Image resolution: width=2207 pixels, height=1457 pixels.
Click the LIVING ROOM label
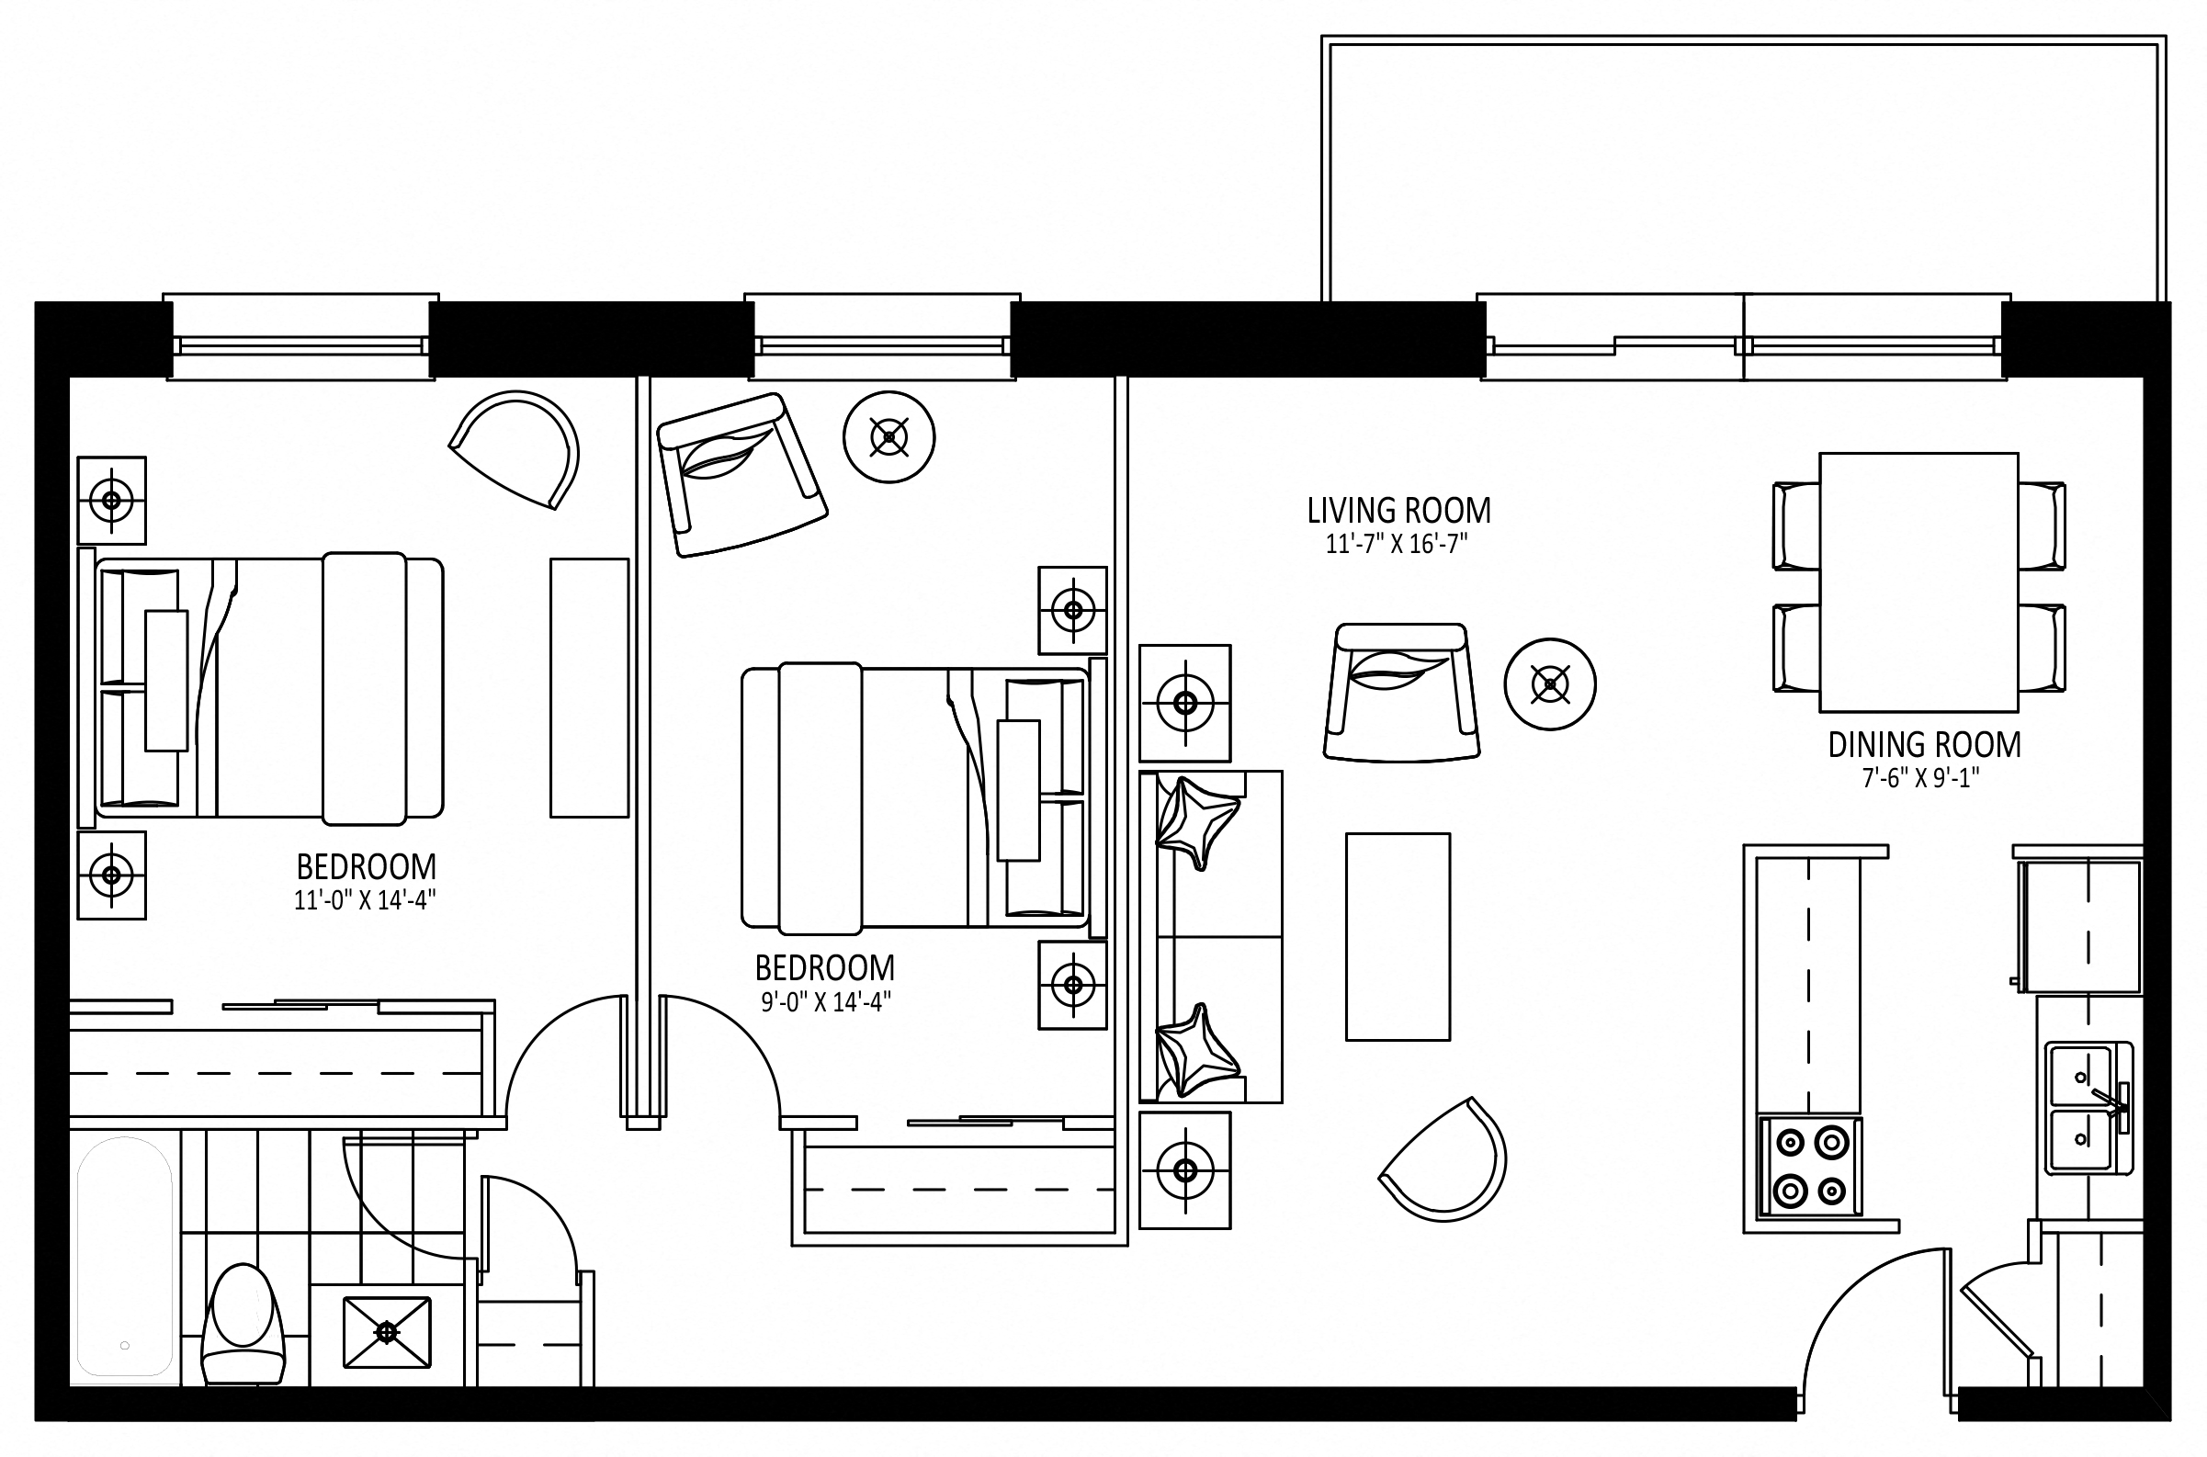tap(1398, 511)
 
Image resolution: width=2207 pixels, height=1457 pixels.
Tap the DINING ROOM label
tap(1925, 745)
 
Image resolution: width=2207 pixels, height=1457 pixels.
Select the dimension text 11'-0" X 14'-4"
tap(365, 900)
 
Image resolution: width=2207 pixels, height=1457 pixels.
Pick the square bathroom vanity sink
tap(388, 1332)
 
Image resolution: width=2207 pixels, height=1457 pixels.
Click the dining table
tap(1918, 582)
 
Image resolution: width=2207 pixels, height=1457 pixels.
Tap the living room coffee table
tap(1398, 937)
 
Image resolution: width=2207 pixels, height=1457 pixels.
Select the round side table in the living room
tap(1550, 683)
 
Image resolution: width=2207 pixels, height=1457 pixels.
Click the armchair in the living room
tap(1401, 693)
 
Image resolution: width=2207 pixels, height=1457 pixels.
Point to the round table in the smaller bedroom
tap(889, 436)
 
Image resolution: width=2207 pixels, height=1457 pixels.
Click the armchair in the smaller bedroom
tap(741, 475)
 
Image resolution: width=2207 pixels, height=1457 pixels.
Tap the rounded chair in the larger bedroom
tap(517, 448)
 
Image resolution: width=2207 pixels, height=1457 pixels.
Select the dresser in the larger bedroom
tap(589, 687)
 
